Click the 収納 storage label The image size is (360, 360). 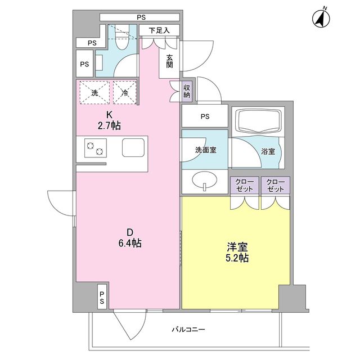[187, 91]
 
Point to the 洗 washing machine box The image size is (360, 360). [94, 93]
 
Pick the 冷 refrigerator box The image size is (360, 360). [125, 93]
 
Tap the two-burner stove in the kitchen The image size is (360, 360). [94, 148]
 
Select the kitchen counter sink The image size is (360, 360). [133, 148]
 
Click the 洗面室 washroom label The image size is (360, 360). [204, 151]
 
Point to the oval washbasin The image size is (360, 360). [204, 181]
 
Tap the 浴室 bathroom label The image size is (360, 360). [268, 151]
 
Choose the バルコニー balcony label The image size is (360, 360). [188, 331]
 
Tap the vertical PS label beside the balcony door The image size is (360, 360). [102, 297]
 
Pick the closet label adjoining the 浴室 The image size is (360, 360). [276, 186]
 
